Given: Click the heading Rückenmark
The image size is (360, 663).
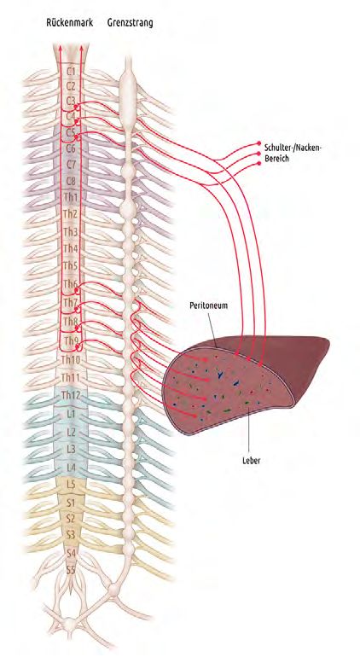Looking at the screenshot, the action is pos(70,23).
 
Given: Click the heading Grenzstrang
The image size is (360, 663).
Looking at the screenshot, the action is pos(131,23).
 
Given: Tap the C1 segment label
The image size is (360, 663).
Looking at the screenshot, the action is pos(71,71).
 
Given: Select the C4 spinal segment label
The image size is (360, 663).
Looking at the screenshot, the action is pos(71,115).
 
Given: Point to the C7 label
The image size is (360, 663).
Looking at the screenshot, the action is pos(71,164).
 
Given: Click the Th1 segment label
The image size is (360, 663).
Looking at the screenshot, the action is pos(71,196).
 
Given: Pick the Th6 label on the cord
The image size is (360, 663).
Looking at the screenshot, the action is pos(70,284).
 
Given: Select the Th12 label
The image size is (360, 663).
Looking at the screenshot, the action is pos(70,395).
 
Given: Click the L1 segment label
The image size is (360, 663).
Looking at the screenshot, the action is pos(71,415).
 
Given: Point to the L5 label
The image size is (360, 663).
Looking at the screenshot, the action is pos(71,485).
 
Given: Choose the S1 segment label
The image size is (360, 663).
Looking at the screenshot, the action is pos(71,503).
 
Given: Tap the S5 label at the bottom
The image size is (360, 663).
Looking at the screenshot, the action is pos(71,570).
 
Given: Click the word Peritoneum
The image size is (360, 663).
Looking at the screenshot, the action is pos(209,305).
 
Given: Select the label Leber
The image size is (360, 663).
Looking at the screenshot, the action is pos(251,461).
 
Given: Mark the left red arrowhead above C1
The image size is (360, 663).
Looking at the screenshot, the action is pos(61,49).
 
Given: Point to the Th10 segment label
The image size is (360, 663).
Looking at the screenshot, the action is pos(70,360).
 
